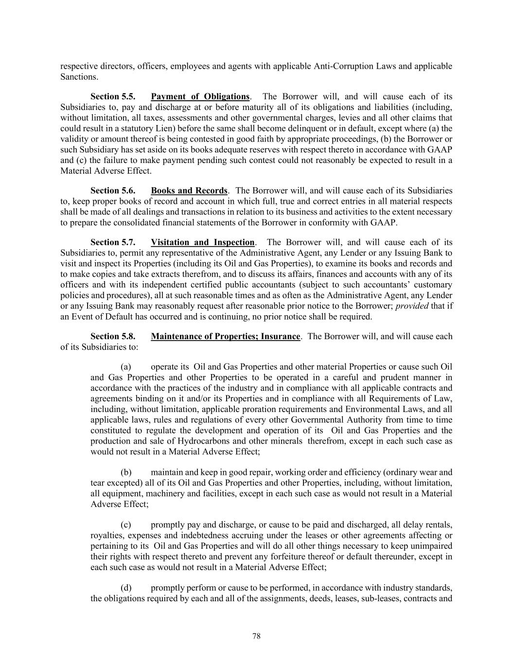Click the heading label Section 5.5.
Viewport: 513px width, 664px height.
(x=113, y=97)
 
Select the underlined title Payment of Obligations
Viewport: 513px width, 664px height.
(x=200, y=97)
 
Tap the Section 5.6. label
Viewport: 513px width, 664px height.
(x=113, y=191)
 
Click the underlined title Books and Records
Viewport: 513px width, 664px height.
(x=189, y=191)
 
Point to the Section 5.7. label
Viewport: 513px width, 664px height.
(x=113, y=242)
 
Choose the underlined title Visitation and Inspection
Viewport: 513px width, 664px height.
(x=203, y=242)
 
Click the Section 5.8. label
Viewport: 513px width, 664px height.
(x=113, y=337)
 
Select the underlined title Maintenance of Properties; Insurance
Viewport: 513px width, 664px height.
(x=226, y=337)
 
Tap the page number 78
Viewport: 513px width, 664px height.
(x=257, y=636)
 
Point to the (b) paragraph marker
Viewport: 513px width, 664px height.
(x=126, y=472)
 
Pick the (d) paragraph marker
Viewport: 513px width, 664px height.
(x=126, y=588)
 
